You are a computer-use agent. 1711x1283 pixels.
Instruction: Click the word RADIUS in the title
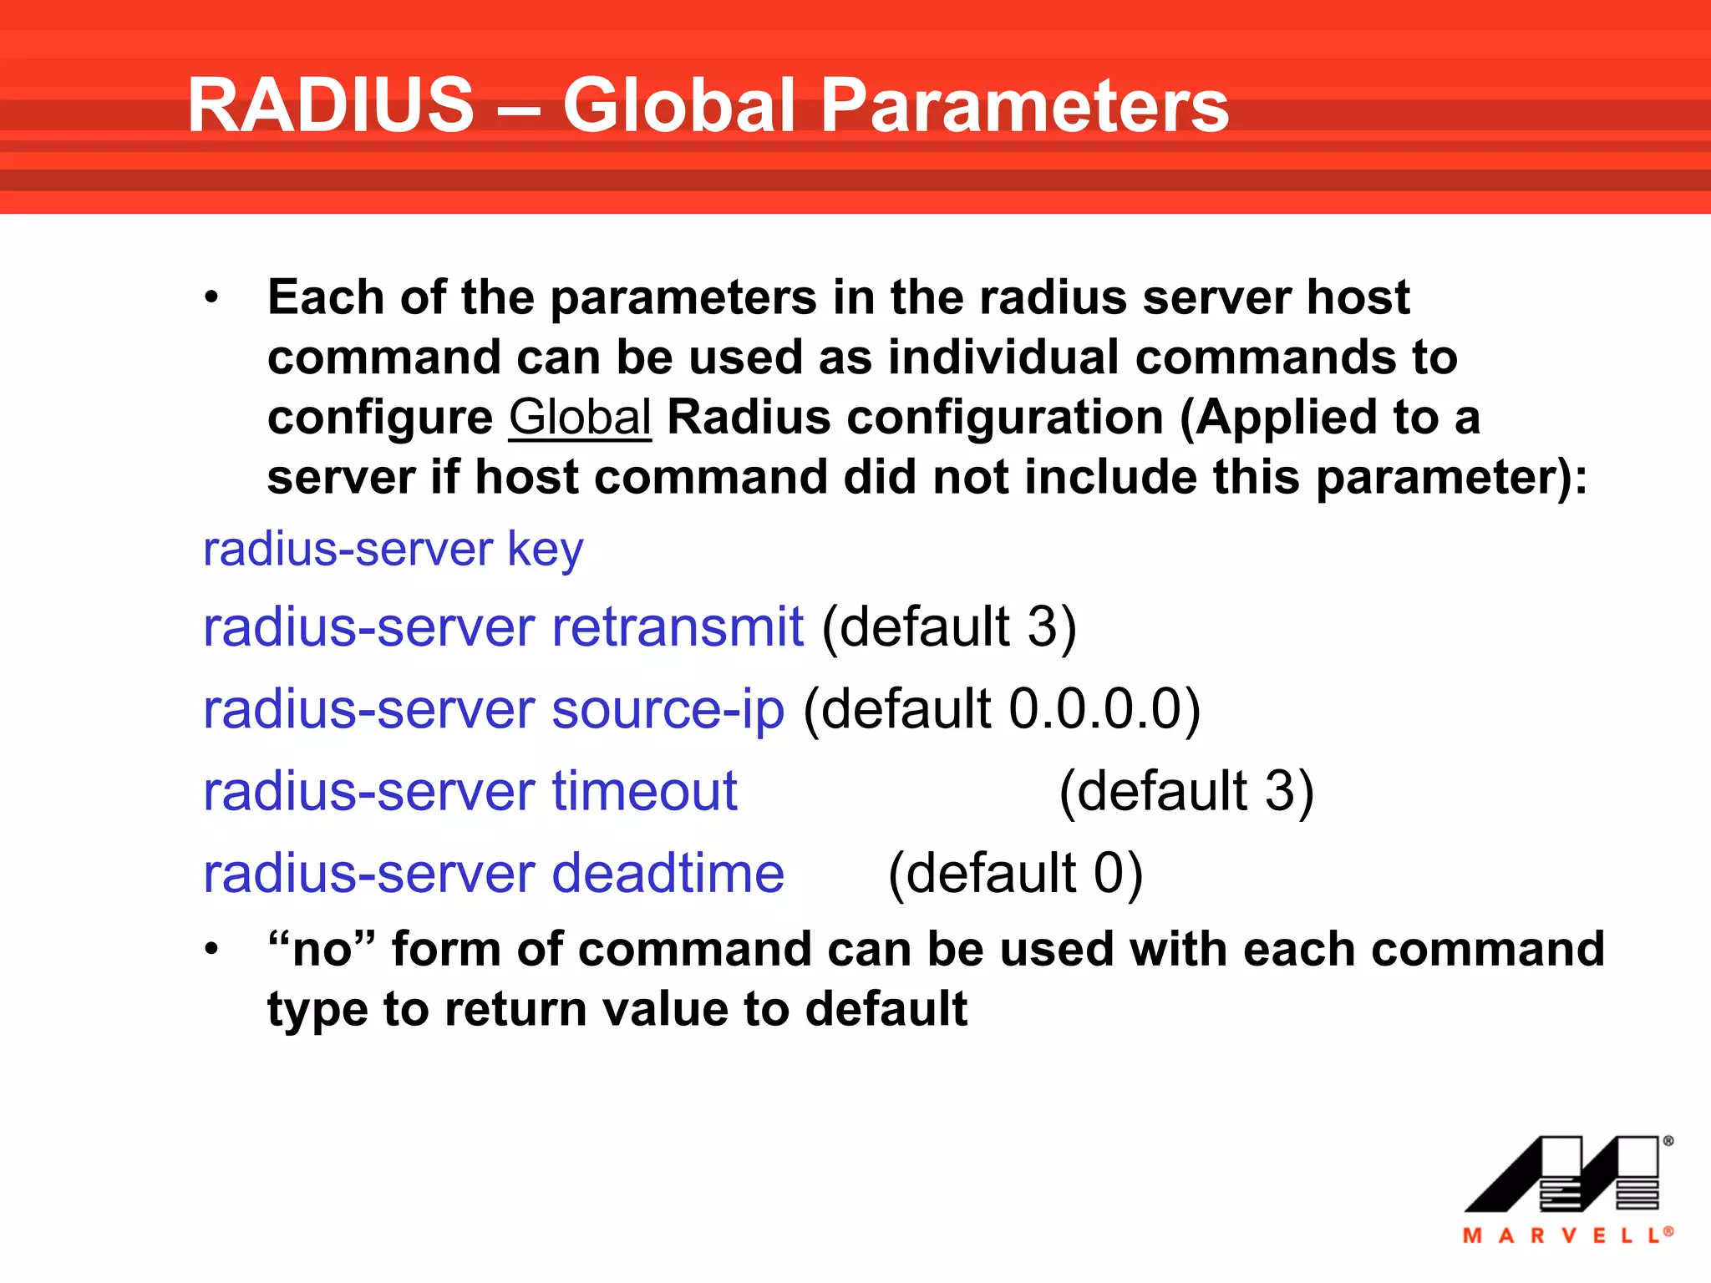(331, 105)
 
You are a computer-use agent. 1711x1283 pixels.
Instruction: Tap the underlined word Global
(580, 417)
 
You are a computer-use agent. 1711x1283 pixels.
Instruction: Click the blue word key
(545, 550)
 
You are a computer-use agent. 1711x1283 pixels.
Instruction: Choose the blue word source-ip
(668, 709)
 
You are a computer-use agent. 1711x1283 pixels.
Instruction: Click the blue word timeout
(644, 791)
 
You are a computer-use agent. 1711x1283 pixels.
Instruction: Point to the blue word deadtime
(668, 874)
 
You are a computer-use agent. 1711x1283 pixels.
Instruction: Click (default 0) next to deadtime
(1014, 874)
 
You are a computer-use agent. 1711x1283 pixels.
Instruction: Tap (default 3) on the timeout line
(1186, 791)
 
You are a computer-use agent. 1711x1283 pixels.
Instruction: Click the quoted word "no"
(321, 949)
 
